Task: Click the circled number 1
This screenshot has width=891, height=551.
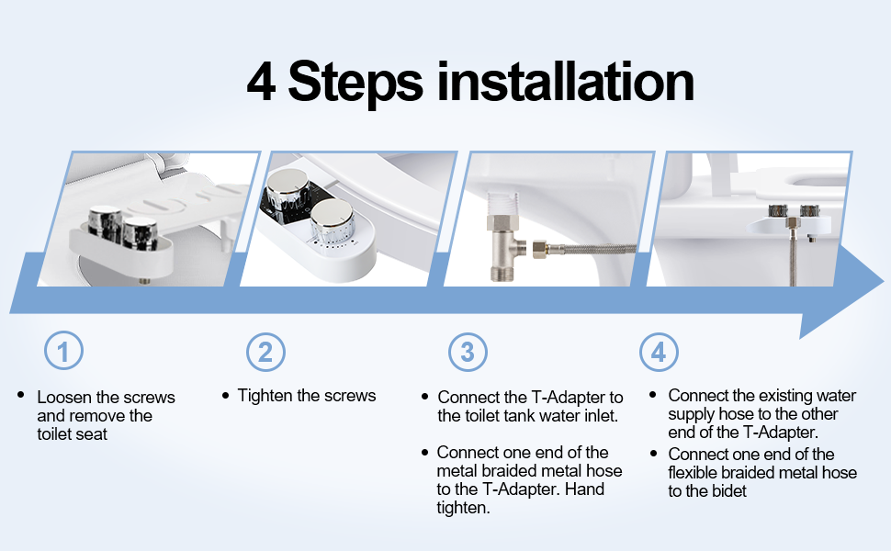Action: click(x=63, y=352)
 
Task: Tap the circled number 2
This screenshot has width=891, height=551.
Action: click(x=265, y=352)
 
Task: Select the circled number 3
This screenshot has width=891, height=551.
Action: click(x=468, y=352)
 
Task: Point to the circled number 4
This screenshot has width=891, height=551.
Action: click(x=659, y=352)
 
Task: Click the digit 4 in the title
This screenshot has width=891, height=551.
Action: click(x=261, y=82)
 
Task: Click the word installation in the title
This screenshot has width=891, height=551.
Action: click(x=565, y=82)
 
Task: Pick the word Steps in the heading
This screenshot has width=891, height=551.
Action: click(x=355, y=83)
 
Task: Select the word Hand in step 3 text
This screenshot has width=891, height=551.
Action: click(x=585, y=489)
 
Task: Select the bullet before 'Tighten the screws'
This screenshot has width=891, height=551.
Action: click(x=225, y=396)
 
